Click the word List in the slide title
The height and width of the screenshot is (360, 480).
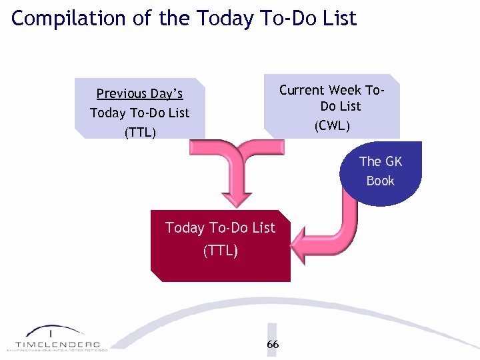click(340, 18)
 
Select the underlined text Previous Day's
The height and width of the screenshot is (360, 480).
click(139, 93)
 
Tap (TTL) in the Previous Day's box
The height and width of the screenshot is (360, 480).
click(140, 132)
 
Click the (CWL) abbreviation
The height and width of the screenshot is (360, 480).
click(332, 125)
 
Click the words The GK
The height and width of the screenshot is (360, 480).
click(381, 161)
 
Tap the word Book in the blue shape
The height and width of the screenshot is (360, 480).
click(380, 181)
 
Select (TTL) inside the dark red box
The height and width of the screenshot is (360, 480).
click(220, 251)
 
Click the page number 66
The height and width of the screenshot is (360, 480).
click(273, 344)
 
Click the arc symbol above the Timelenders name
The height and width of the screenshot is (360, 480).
click(53, 331)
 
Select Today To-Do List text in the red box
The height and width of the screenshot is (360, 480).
click(220, 228)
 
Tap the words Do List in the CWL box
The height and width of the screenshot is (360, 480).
click(340, 107)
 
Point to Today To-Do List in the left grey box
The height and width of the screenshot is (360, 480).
click(140, 113)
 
